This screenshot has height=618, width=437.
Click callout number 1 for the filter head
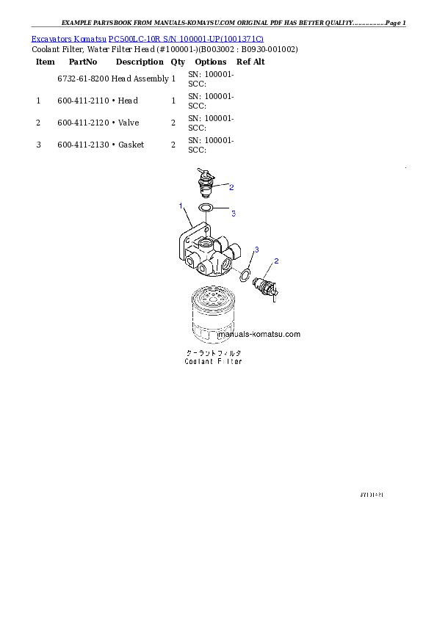(181, 206)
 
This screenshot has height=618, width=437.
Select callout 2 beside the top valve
(231, 187)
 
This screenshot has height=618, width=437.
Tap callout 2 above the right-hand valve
(276, 261)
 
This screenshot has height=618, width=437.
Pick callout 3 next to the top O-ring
(234, 214)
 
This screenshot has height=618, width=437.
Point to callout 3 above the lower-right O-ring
(255, 251)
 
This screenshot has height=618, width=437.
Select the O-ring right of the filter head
(245, 275)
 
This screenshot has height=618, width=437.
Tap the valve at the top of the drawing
(206, 183)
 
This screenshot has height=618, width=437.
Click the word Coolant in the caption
(199, 361)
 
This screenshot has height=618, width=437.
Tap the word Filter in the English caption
(231, 361)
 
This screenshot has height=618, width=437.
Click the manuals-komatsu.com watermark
(260, 334)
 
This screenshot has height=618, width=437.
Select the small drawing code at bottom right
(371, 495)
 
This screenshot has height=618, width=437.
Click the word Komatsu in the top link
(90, 38)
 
